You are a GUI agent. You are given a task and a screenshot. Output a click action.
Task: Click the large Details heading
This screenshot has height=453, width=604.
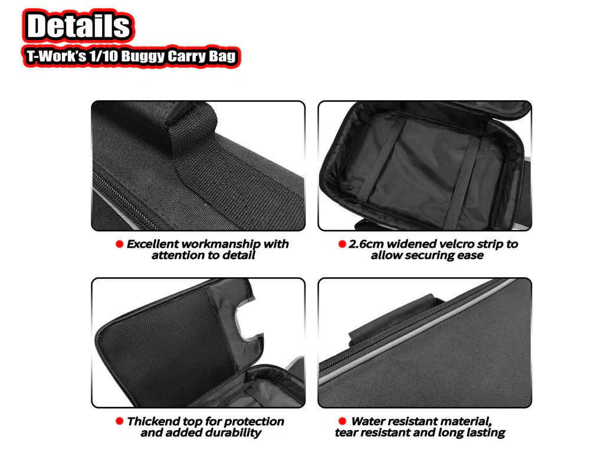78,26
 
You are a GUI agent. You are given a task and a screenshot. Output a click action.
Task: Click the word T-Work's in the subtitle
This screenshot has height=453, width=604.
56,56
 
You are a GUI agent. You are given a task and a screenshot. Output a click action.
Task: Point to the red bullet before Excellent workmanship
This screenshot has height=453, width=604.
119,244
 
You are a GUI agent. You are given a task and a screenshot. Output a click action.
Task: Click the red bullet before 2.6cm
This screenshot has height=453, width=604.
342,244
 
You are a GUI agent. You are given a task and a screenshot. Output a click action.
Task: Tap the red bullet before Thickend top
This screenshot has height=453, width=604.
119,421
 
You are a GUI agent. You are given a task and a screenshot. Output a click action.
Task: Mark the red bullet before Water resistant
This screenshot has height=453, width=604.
342,421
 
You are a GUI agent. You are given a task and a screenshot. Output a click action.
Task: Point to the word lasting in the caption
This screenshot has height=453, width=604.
486,433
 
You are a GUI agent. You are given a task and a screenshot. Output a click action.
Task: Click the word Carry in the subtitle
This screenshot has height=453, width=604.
186,56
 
